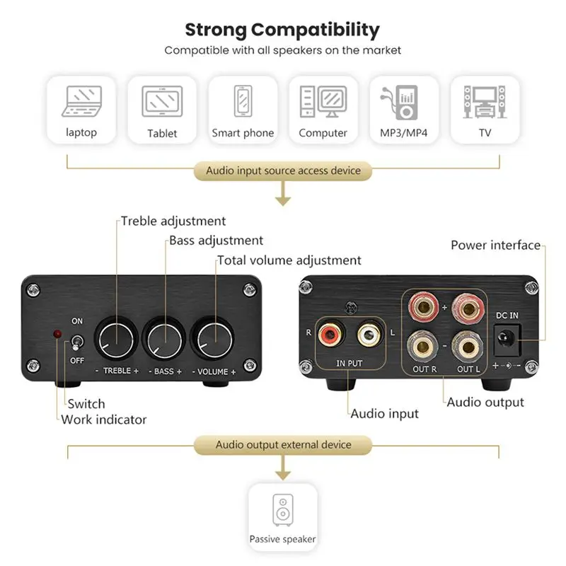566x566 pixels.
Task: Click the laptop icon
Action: tap(82, 100)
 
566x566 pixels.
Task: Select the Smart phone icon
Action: tap(243, 100)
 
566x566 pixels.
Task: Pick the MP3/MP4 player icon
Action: tap(404, 101)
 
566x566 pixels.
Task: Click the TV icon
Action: tap(485, 100)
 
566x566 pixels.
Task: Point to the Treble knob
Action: tap(117, 336)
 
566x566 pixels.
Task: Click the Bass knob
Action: tap(165, 336)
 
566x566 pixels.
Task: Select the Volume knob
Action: tap(214, 336)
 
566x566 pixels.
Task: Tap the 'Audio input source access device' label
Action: tap(283, 171)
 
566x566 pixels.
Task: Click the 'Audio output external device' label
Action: tap(283, 445)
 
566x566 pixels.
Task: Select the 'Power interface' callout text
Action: tap(495, 246)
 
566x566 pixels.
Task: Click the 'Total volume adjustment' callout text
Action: tap(289, 260)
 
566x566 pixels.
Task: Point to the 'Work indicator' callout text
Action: tap(104, 420)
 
